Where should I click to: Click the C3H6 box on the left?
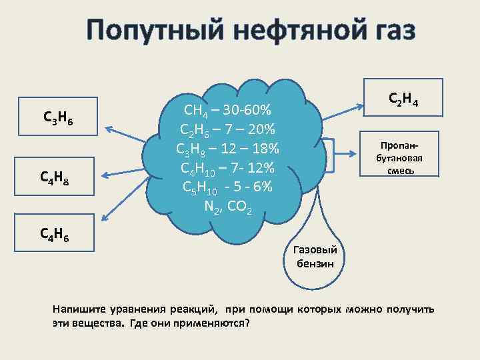(x=58, y=117)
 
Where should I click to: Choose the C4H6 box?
(x=58, y=233)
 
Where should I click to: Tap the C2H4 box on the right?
(x=402, y=101)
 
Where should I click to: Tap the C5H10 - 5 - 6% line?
(x=227, y=187)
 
